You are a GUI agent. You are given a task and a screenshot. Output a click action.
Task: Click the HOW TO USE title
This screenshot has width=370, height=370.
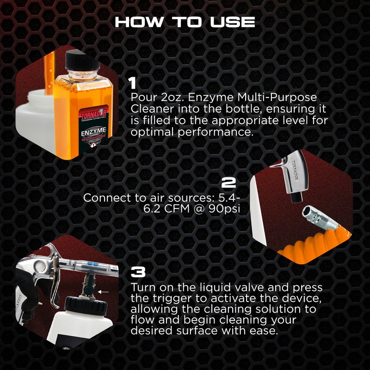pyautogui.click(x=185, y=22)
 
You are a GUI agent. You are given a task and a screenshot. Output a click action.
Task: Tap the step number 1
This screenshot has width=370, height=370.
pyautogui.click(x=133, y=83)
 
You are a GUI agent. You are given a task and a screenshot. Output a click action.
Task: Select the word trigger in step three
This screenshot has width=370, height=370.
pyautogui.click(x=165, y=298)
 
